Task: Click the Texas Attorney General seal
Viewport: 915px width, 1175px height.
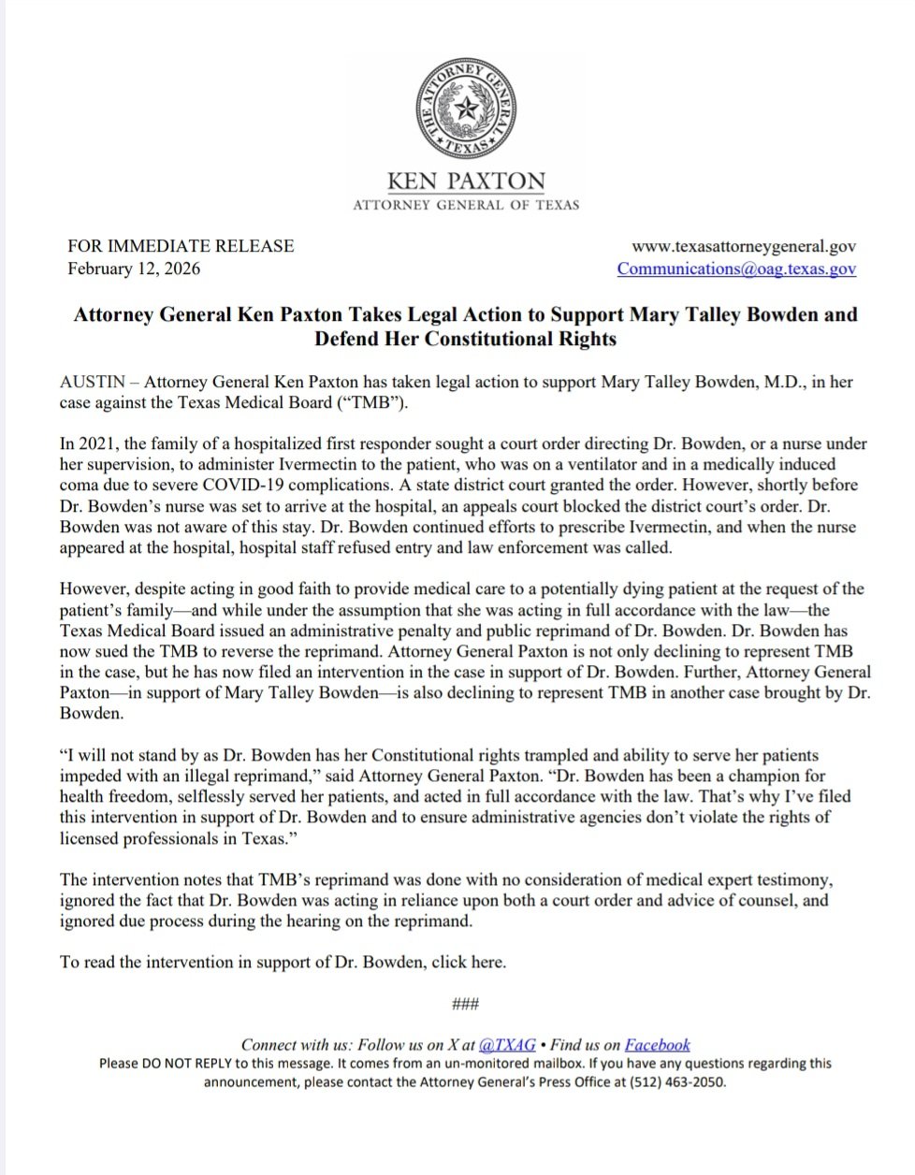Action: click(x=465, y=111)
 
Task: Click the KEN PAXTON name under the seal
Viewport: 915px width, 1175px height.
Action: click(x=465, y=181)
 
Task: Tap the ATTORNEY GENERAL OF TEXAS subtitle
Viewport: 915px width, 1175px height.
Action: click(x=465, y=205)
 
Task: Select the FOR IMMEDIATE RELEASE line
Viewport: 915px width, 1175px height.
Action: click(x=181, y=246)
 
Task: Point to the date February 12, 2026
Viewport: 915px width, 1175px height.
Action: click(x=134, y=268)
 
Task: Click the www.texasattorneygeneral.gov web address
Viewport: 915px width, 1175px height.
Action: click(x=744, y=246)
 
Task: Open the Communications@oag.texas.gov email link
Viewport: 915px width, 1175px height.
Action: click(x=736, y=268)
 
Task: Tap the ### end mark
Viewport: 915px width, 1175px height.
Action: click(x=465, y=1005)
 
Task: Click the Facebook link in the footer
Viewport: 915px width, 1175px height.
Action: click(x=657, y=1045)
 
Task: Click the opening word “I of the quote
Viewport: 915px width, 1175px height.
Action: click(x=65, y=755)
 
